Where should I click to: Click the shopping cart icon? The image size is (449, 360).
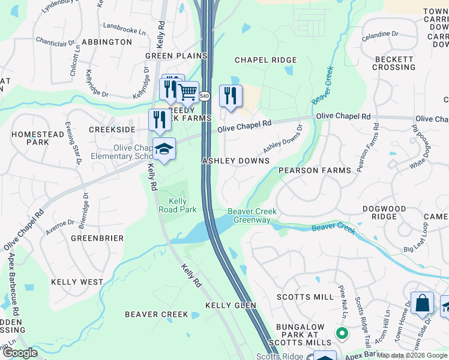(188, 92)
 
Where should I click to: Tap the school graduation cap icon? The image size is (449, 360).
(164, 150)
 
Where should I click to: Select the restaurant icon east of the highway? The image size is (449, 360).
(231, 95)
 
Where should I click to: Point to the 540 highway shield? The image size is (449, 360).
(205, 96)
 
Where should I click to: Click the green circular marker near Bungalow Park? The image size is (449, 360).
(342, 332)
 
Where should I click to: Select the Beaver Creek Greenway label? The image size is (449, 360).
(249, 216)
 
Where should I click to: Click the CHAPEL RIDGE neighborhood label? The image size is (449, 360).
(265, 60)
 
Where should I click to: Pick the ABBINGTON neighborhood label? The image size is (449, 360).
(107, 42)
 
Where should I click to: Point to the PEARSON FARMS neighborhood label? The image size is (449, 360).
(315, 171)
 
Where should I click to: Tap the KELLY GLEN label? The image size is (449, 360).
(231, 305)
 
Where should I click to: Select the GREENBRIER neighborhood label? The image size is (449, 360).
(97, 238)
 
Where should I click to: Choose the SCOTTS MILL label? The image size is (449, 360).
(305, 297)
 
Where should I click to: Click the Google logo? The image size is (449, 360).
(20, 353)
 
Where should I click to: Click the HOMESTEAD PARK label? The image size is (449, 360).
(38, 138)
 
